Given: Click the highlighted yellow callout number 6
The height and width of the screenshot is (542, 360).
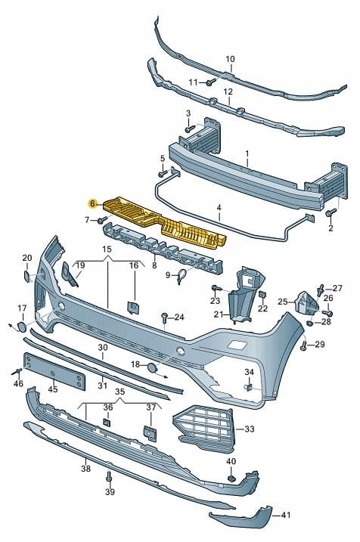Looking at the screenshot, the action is click(x=92, y=204).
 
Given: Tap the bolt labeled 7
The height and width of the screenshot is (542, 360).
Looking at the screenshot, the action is click(x=102, y=219).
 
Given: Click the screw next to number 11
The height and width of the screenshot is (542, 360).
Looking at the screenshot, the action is click(x=210, y=82).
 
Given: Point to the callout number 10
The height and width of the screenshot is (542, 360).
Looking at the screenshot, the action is click(x=231, y=59).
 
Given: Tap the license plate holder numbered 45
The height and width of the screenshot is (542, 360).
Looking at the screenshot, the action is click(x=54, y=371).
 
